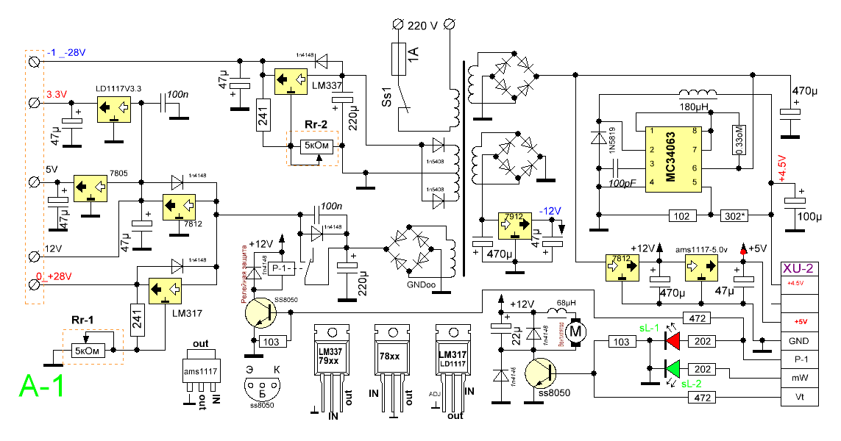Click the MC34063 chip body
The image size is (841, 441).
pos(672,160)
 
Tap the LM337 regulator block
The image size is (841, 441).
pos(291,82)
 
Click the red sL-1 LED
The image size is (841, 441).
pos(673,341)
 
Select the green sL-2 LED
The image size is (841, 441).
pos(673,368)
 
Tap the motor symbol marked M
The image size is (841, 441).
pos(576,333)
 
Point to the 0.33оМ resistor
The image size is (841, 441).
pos(737,139)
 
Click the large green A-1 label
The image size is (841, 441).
pos(41,385)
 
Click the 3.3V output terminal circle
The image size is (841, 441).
pos(33,104)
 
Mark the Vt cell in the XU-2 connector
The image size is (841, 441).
pos(800,398)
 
